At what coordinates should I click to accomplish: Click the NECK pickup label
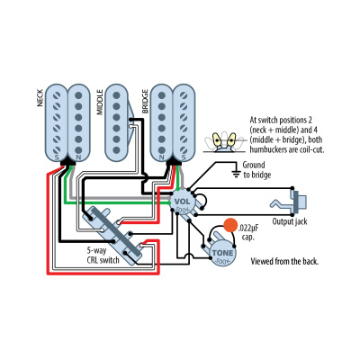pos(40,98)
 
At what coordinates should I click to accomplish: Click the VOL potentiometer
pos(183,202)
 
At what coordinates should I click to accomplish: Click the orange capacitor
pos(230,225)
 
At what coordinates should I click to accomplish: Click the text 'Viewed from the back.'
pos(286,262)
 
